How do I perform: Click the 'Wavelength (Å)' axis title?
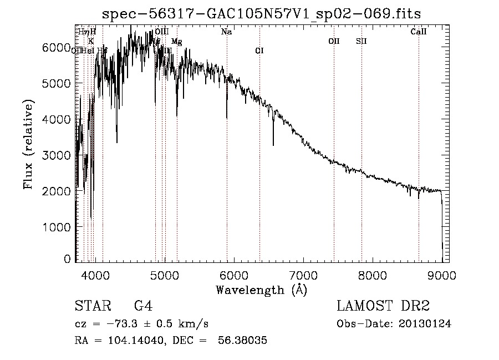(261, 290)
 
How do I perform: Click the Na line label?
(226, 32)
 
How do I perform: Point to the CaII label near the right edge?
(419, 32)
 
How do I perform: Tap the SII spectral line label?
(361, 41)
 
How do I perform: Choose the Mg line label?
(176, 41)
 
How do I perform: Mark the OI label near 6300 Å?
(259, 50)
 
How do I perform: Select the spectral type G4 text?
(143, 306)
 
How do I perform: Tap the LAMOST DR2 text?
(383, 306)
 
